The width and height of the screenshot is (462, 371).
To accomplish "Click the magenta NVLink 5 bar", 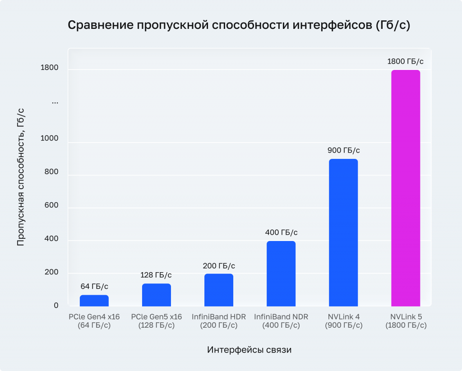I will coord(406,188).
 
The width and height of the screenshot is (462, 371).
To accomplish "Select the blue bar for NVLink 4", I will coord(343,232).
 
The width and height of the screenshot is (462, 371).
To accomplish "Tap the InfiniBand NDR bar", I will coord(281,274).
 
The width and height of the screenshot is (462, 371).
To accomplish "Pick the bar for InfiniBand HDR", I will coord(219,290).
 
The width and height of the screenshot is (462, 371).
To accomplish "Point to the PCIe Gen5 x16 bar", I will coord(157,295).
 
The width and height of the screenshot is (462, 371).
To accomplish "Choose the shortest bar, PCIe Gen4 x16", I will coord(94,301).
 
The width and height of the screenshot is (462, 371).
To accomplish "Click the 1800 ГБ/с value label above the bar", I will coord(406,61).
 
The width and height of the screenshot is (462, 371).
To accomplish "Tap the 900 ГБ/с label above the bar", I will coord(343,150).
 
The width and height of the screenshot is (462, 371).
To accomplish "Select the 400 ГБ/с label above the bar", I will coord(281,232).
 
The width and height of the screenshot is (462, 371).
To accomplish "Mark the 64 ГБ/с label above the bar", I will coord(94,286).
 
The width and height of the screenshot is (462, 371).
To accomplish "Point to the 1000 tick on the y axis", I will coord(50,139).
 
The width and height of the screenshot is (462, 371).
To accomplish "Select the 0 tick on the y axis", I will coord(56,306).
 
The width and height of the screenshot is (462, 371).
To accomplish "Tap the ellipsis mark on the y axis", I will coord(55,102).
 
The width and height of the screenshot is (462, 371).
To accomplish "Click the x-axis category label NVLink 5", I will coord(406,317).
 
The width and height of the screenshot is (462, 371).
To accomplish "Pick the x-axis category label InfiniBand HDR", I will coord(219,317).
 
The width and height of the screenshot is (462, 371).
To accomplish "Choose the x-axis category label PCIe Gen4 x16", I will coord(94,317).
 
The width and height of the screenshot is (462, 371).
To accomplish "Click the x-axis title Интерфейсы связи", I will coord(249,350).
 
